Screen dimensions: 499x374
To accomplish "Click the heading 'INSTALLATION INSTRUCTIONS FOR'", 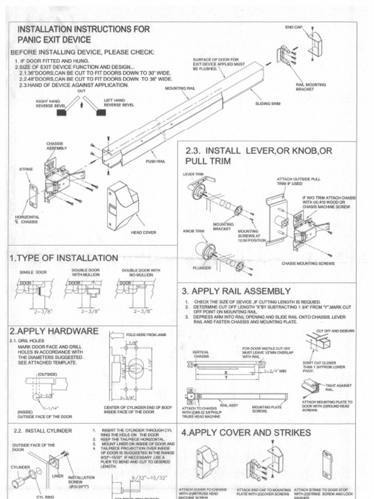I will click(x=84, y=29).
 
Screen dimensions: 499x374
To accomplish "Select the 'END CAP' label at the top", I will click(x=293, y=27).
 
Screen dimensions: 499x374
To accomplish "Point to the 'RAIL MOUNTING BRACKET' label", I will click(x=311, y=87).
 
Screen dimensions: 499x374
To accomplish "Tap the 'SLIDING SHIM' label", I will click(x=268, y=104).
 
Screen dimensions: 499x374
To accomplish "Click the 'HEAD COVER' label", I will click(x=144, y=232).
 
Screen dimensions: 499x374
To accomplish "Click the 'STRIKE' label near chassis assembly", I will click(x=25, y=169).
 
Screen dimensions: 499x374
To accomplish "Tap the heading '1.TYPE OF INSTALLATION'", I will click(x=64, y=258).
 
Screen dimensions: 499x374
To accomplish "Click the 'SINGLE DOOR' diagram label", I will click(x=33, y=272).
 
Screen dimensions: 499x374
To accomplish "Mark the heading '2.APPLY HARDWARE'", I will click(x=54, y=331).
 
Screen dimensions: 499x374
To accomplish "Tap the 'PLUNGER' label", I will click(x=201, y=268).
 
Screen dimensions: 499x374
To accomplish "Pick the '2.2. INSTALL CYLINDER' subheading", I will click(x=43, y=431).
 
